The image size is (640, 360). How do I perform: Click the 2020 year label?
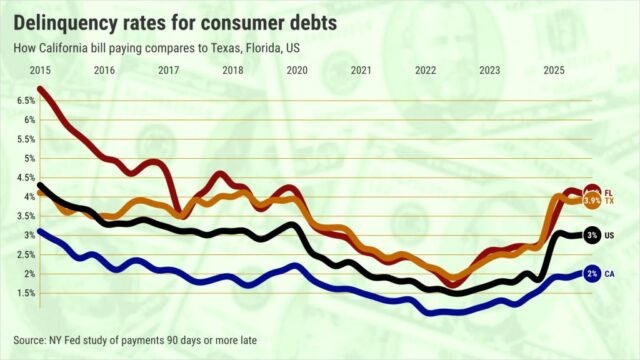(296, 70)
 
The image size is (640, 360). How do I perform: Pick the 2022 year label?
(425, 70)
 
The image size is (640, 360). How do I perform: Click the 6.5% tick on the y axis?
(24, 101)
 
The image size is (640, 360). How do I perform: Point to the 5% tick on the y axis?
(27, 158)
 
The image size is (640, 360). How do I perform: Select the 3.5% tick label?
(24, 216)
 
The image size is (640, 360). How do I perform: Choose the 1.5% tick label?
(24, 293)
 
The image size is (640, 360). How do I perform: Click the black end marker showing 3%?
(592, 235)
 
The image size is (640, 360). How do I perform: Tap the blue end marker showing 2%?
(592, 273)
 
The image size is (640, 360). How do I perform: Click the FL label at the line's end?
(609, 192)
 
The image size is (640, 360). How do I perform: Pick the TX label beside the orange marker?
(609, 202)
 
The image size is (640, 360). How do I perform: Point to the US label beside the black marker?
(609, 235)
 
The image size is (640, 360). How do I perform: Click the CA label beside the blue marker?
(609, 273)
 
